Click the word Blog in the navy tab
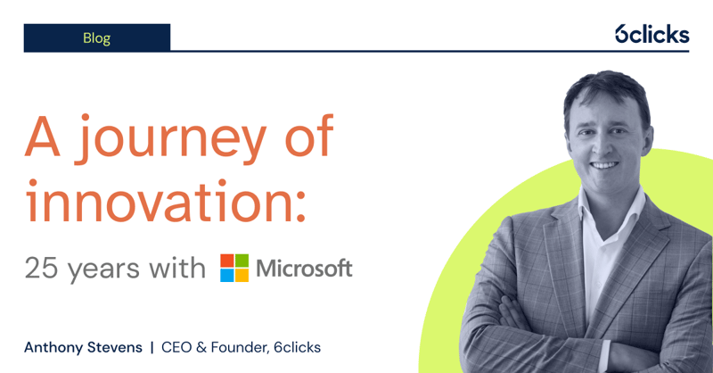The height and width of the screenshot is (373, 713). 96,37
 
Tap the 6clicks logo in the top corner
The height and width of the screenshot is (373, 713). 652,34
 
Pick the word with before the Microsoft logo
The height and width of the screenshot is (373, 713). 179,268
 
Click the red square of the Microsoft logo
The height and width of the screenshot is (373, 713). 227,261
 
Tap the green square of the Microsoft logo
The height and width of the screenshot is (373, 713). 242,261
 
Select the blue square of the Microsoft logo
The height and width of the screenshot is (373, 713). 227,275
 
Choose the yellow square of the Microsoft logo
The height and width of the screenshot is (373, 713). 242,275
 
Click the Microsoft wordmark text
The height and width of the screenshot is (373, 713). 304,268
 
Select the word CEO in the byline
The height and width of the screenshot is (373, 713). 179,346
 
